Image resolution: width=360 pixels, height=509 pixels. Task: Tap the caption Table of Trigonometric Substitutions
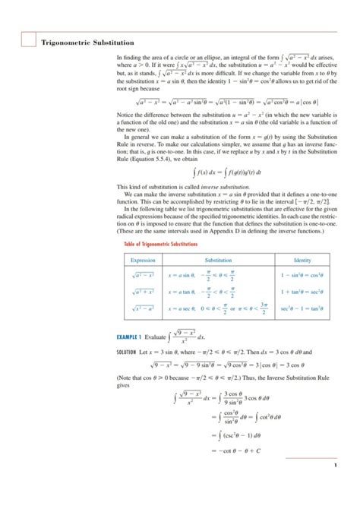click(x=156, y=245)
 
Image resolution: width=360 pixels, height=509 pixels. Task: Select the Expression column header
click(x=143, y=259)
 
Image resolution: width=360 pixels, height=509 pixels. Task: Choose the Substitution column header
click(x=218, y=259)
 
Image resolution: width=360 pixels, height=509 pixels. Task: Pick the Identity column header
click(x=302, y=259)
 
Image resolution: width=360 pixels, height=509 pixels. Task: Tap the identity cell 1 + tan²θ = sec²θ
click(x=302, y=291)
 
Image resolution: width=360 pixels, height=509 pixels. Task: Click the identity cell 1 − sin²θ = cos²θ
click(x=302, y=274)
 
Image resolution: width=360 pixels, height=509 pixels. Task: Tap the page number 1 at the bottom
click(x=334, y=487)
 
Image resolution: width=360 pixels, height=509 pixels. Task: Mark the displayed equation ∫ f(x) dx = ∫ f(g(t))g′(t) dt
click(x=225, y=172)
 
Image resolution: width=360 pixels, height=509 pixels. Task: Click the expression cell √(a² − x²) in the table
click(x=143, y=274)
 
